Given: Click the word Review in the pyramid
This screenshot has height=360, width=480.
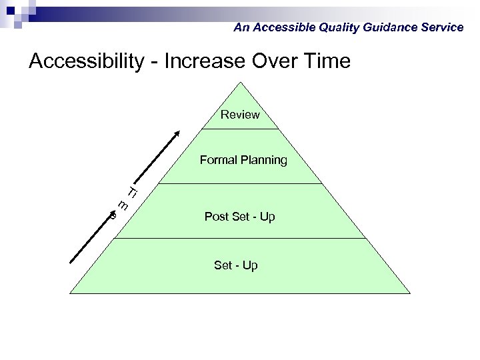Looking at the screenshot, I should pyautogui.click(x=240, y=115).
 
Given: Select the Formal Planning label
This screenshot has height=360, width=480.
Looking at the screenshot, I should pyautogui.click(x=243, y=160).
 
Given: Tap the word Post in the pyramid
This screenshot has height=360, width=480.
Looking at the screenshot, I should pyautogui.click(x=216, y=217).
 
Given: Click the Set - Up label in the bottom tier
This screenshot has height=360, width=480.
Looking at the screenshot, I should pyautogui.click(x=235, y=265).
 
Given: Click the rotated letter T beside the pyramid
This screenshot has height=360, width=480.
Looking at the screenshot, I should pyautogui.click(x=132, y=193).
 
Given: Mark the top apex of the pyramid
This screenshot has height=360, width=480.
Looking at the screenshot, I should pyautogui.click(x=241, y=83).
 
